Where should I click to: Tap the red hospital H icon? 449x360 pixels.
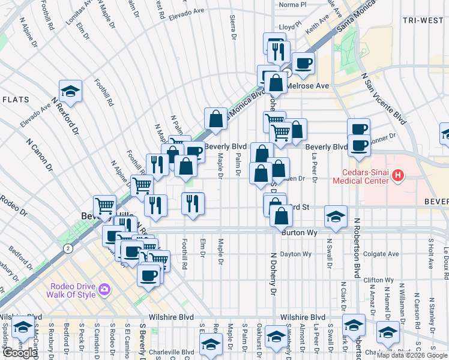click(397, 175)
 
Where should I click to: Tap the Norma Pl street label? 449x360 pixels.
click(292, 4)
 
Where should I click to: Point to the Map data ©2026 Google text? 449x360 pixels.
click(412, 355)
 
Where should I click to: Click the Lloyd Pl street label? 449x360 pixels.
click(289, 27)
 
